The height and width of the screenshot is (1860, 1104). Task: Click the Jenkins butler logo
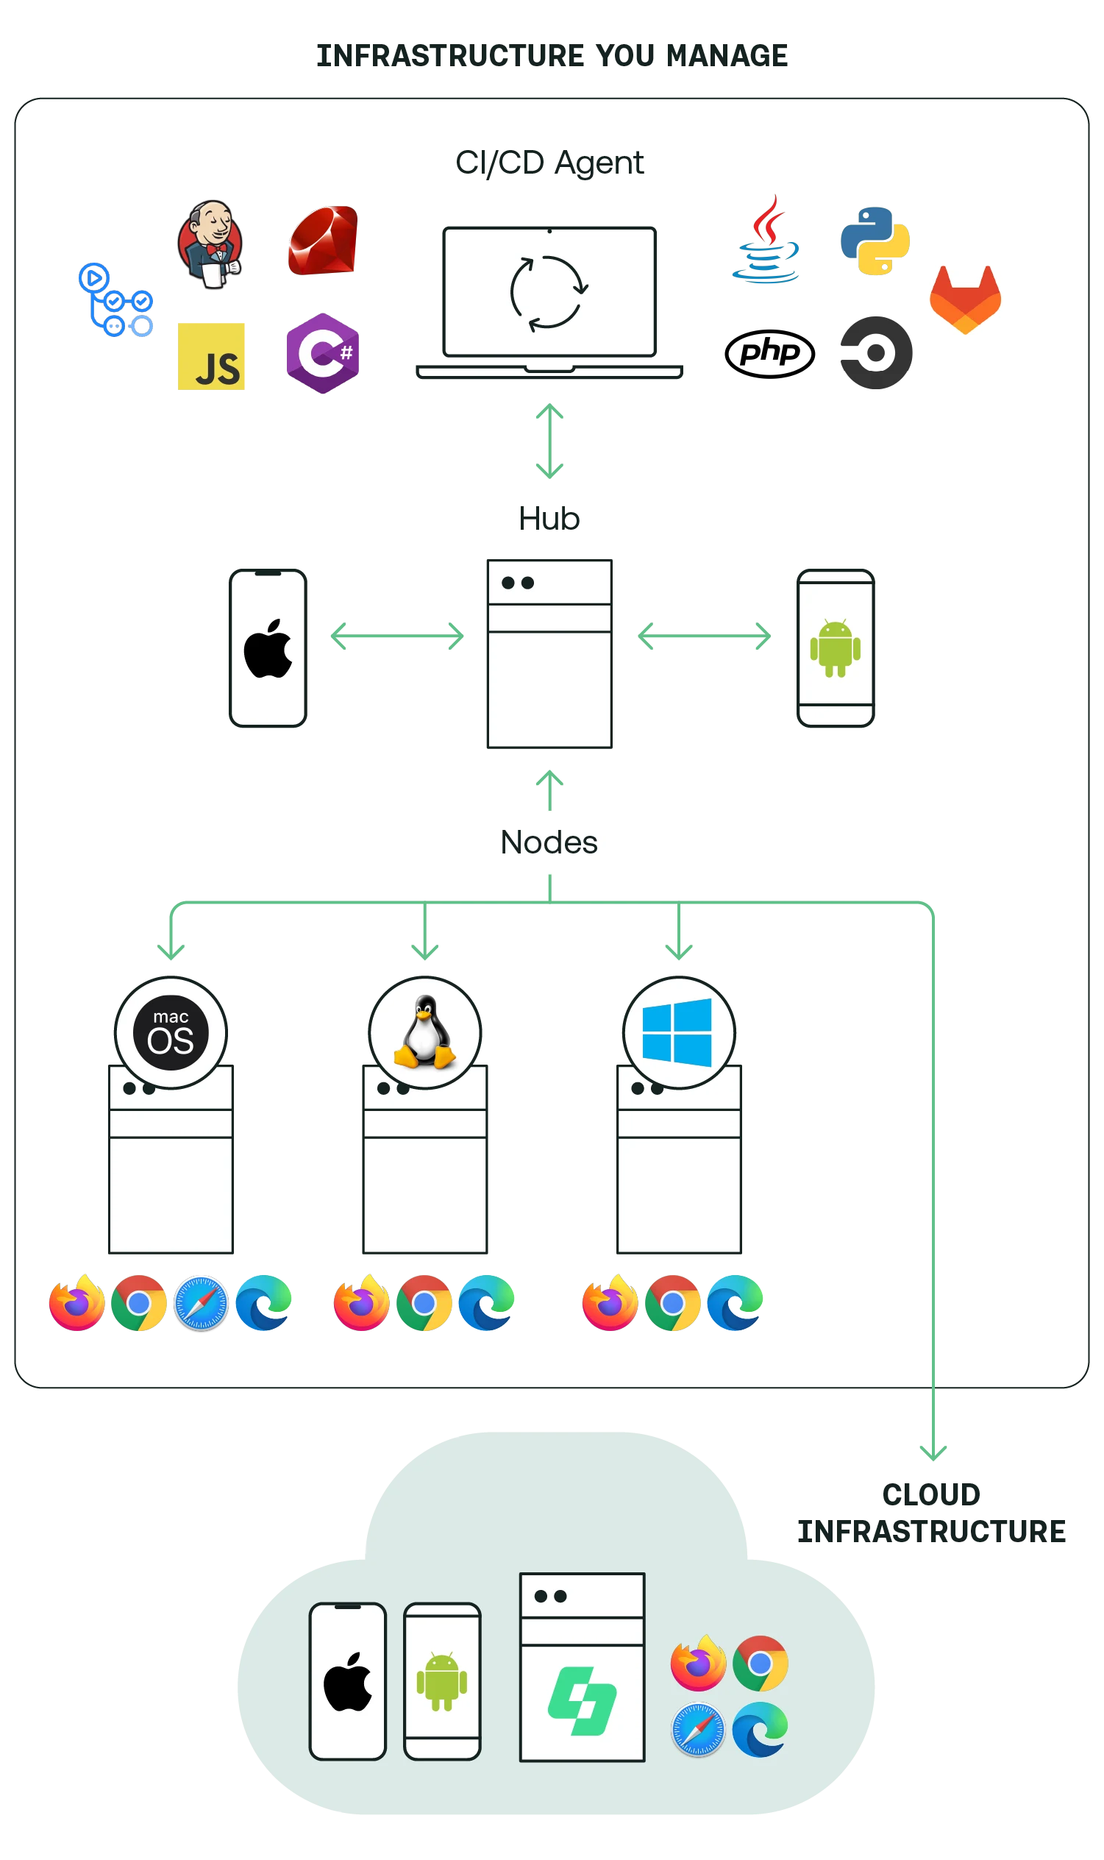[212, 244]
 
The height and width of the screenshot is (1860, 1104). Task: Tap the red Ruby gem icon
[324, 242]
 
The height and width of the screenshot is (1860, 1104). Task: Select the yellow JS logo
[212, 356]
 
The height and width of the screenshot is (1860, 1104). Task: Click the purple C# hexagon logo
[322, 352]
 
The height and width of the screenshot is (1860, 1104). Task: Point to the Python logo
[875, 241]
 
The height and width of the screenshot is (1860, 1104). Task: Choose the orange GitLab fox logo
[966, 300]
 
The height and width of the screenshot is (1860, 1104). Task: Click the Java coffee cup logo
[766, 240]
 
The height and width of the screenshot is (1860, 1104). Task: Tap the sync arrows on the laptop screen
[549, 293]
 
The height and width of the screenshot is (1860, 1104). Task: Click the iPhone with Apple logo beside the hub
[268, 647]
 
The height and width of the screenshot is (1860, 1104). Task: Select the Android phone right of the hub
[836, 647]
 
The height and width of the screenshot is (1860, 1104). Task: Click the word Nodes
[549, 843]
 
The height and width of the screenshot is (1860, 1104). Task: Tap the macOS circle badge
[171, 1033]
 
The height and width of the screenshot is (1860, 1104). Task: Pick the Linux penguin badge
[425, 1033]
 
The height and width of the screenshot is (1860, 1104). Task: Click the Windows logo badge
[677, 1033]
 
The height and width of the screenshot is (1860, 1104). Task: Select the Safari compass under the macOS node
[201, 1304]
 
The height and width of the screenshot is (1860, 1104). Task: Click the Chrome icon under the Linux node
[424, 1304]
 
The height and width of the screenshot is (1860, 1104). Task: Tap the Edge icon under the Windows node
[735, 1304]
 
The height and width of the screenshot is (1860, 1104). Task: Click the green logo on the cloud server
[583, 1702]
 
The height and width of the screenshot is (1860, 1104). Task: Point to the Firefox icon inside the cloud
[698, 1664]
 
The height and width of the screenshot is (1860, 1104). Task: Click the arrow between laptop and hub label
[549, 441]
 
